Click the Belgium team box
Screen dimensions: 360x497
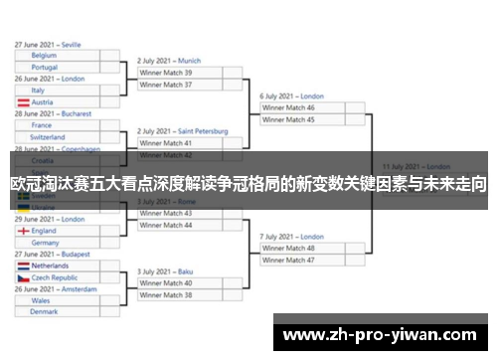click(x=56, y=56)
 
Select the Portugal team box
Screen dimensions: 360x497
click(x=56, y=67)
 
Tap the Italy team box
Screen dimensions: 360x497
click(x=56, y=90)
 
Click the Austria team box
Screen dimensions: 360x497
click(x=56, y=101)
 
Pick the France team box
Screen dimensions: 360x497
click(x=56, y=125)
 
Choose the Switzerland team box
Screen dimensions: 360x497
click(x=56, y=137)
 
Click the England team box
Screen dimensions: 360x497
click(x=56, y=231)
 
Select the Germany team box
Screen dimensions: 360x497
click(x=56, y=242)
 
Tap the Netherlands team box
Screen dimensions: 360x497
click(x=56, y=266)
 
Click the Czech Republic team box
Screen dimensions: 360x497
click(x=56, y=277)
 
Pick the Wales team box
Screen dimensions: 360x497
click(x=56, y=300)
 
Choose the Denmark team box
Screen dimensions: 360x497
click(x=56, y=312)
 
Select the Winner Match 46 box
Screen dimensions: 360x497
click(x=303, y=107)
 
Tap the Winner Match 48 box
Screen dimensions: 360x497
click(x=303, y=249)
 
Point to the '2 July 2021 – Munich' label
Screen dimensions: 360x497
click(x=169, y=61)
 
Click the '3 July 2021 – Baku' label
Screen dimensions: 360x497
click(x=165, y=271)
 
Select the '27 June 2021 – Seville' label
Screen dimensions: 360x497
click(x=48, y=45)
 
